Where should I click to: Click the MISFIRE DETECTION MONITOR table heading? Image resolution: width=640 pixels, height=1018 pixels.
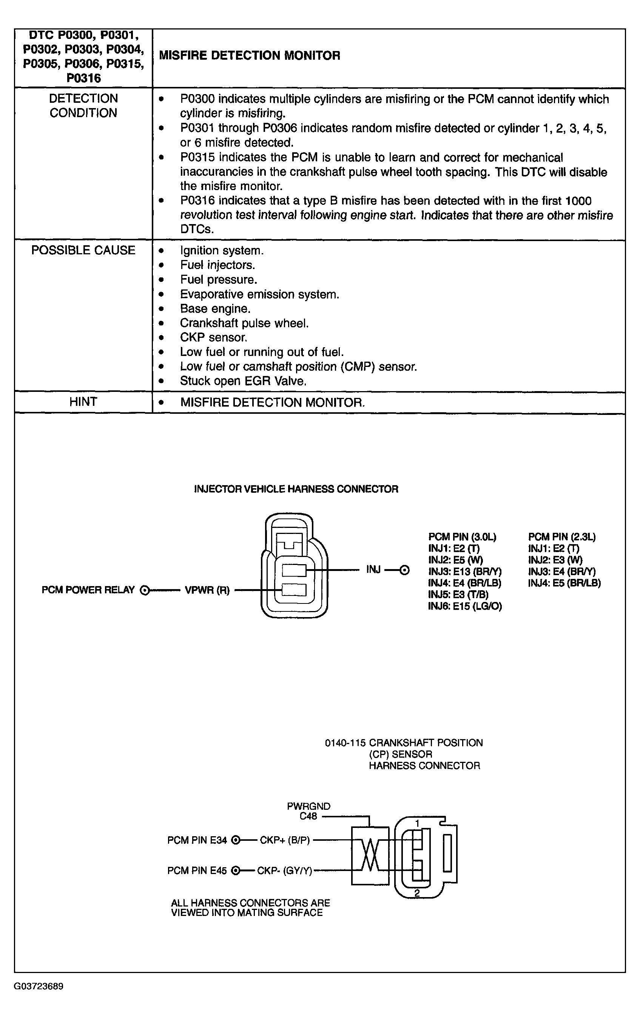249,56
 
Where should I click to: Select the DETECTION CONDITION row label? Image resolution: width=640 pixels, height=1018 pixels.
83,106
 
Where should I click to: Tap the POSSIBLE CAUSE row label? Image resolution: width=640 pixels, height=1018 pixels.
83,250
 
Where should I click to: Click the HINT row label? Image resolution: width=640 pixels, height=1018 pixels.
83,402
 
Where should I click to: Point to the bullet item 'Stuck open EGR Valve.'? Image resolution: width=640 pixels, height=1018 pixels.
243,381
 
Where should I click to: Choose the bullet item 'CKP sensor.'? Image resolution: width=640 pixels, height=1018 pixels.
213,337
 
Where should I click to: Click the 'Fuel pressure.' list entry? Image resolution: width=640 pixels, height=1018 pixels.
218,280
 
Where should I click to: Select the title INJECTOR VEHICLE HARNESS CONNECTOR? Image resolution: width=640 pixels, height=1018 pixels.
296,489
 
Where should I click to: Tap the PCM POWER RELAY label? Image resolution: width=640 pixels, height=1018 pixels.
88,590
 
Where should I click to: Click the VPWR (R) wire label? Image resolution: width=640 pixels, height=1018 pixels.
207,590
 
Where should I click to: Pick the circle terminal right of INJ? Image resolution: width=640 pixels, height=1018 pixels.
404,570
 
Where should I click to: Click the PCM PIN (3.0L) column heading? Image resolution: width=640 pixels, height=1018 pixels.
462,537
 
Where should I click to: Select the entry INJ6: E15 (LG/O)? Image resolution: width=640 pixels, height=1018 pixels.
465,606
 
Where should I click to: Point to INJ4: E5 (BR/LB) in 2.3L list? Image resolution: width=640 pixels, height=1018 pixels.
564,583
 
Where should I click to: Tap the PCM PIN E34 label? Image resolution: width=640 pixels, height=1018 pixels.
197,840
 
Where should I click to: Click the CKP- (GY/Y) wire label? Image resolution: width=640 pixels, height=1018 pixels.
285,871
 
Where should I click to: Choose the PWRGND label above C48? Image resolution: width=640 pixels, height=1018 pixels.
308,806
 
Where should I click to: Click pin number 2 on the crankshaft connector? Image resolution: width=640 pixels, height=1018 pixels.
417,893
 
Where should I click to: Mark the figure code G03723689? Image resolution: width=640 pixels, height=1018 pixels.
39,986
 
